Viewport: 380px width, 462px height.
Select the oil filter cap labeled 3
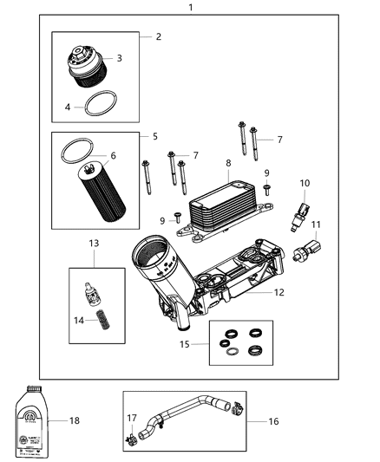click(x=85, y=66)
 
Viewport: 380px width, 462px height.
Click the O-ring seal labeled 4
click(x=100, y=107)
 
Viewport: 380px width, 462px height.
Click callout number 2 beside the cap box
click(x=158, y=36)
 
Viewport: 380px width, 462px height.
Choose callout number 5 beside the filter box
click(x=154, y=137)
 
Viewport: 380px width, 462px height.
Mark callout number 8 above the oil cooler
click(x=228, y=163)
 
